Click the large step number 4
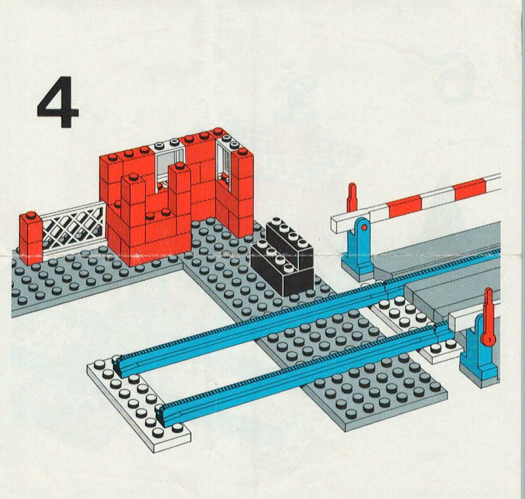click(58, 102)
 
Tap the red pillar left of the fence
click(31, 238)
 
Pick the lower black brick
click(282, 270)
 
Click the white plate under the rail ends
click(138, 402)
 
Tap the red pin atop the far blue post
click(352, 198)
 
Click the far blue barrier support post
click(358, 249)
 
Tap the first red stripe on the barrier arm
click(405, 206)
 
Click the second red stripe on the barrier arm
click(470, 190)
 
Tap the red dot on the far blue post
click(364, 228)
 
